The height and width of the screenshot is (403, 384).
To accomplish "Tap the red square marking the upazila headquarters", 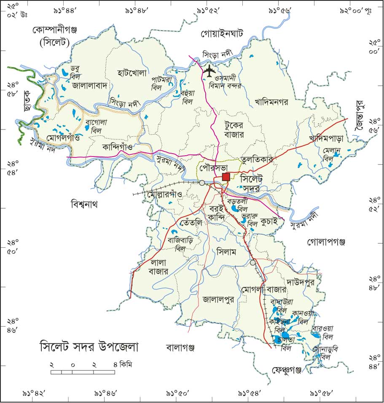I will click(x=226, y=177).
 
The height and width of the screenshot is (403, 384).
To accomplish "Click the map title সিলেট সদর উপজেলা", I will click(x=89, y=347).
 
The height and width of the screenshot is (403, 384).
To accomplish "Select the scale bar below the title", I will click(x=83, y=372).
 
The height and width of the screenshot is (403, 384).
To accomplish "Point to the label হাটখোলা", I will click(x=132, y=73).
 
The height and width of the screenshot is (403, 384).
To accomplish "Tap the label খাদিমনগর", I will click(x=271, y=102).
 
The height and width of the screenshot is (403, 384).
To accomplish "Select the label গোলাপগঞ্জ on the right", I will click(x=327, y=242).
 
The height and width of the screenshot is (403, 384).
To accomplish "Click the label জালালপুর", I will click(x=218, y=300).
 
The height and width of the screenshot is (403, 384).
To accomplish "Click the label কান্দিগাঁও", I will click(x=118, y=147).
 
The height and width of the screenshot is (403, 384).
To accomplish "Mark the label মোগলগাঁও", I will click(x=54, y=137).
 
